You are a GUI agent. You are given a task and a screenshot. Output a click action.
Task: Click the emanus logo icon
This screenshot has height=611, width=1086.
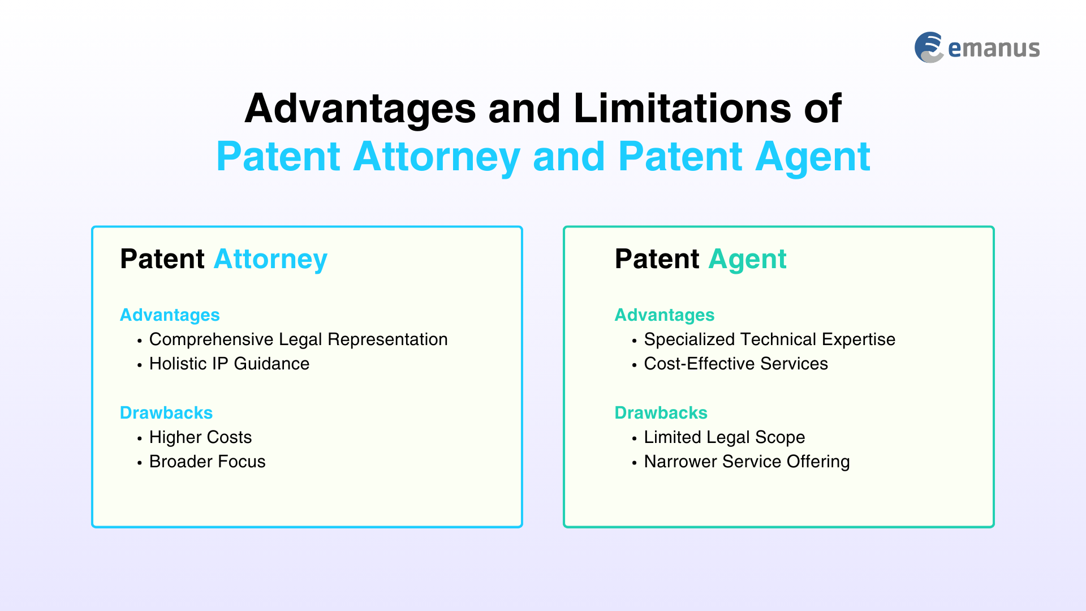929,48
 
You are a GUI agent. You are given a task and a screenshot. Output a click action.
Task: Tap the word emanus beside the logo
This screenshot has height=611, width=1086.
994,49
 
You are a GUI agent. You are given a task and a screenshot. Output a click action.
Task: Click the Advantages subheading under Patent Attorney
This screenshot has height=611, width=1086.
170,315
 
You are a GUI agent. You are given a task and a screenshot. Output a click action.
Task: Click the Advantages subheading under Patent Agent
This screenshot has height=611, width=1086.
665,315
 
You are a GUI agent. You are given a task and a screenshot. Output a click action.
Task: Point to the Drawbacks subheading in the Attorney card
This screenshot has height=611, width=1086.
166,412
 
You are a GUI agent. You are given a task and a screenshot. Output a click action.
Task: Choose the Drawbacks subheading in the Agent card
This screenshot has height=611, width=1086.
661,412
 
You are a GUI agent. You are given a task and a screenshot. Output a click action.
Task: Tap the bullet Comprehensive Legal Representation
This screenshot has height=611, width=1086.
298,339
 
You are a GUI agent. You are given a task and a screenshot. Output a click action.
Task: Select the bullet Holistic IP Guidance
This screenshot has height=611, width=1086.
229,364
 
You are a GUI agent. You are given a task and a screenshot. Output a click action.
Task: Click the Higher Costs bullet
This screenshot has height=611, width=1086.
200,437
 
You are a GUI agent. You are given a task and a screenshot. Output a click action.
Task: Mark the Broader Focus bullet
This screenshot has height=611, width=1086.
207,462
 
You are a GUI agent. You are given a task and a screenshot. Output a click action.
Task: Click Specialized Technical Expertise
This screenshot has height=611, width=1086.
770,339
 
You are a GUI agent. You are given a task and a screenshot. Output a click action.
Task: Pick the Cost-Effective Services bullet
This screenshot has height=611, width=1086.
736,364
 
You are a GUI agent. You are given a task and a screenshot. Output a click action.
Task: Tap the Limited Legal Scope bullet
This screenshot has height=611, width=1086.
724,437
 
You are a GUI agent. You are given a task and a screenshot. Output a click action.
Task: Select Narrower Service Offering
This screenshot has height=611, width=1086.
747,462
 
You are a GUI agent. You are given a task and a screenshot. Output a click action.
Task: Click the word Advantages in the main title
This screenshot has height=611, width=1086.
360,109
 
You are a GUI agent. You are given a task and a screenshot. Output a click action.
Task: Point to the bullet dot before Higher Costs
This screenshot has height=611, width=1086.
139,438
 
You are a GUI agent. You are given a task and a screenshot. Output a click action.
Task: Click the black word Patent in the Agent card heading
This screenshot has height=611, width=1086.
657,259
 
